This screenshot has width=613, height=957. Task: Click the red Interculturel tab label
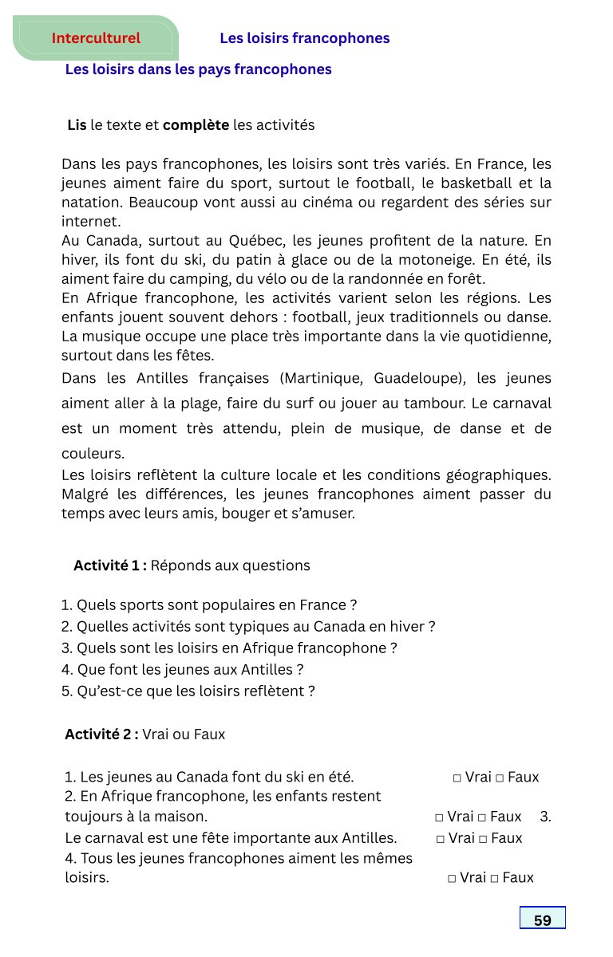[96, 38]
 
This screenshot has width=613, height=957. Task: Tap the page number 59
[543, 920]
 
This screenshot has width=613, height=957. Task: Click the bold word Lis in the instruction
[77, 125]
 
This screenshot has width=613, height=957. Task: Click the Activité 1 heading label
[110, 565]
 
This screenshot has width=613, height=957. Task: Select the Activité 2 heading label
[101, 734]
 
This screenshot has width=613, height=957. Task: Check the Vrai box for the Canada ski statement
[457, 778]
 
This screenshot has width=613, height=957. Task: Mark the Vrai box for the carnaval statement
[441, 839]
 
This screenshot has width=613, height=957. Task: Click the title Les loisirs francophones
[304, 38]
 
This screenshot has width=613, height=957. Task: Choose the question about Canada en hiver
[248, 627]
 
